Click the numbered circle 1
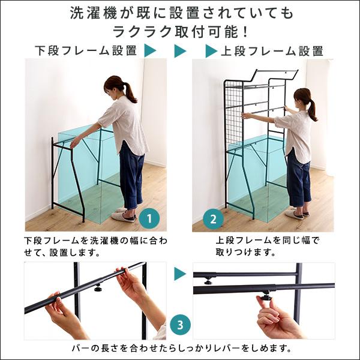coord(149,218)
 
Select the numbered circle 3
coord(179,325)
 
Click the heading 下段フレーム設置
coord(86,51)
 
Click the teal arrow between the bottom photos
coord(180,274)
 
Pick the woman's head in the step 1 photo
coord(115,85)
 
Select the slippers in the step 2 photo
coord(295,214)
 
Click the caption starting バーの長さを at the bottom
coord(180,348)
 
